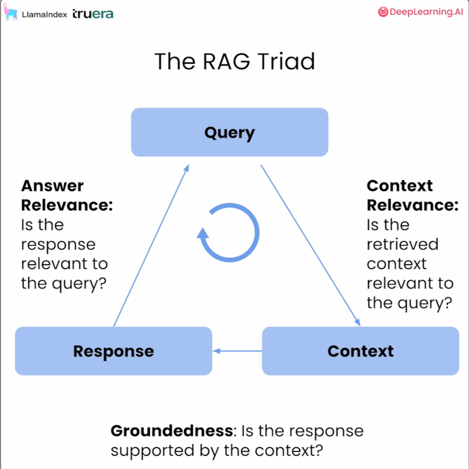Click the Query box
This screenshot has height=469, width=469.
tap(230, 132)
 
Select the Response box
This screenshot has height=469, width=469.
tap(114, 351)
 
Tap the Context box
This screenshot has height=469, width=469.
tap(360, 351)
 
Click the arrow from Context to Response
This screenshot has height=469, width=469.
tap(237, 351)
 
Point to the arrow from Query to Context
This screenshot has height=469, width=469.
tap(310, 245)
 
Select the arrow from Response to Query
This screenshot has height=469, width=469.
tap(151, 245)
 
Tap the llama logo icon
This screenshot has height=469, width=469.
tap(10, 12)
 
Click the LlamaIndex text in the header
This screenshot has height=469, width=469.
tap(44, 15)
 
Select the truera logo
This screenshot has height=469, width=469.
tap(93, 14)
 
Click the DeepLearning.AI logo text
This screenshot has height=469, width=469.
tap(426, 12)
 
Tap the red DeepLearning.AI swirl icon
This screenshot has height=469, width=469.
tap(383, 12)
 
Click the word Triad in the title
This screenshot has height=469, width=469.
tap(286, 61)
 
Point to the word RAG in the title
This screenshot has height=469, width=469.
tap(227, 61)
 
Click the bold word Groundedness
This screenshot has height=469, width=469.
tap(172, 431)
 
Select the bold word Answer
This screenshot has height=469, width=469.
tap(52, 186)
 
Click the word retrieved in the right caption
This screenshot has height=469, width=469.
tap(403, 245)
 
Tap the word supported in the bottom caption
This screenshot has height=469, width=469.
tap(153, 451)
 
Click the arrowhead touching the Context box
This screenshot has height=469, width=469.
tap(357, 322)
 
